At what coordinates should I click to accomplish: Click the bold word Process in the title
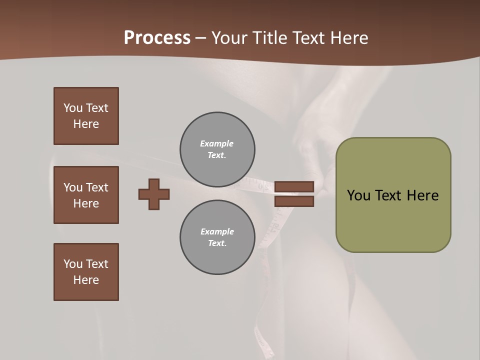pos(157,38)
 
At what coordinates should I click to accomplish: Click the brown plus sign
pos(154,194)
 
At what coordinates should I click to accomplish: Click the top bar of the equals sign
pos(294,186)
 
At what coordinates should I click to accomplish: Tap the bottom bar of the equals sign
pos(294,201)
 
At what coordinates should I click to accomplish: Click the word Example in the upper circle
pos(216,143)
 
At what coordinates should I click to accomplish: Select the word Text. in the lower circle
pos(217,243)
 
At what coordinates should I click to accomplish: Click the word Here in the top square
pos(86,124)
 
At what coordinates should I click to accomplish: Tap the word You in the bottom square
pos(73,264)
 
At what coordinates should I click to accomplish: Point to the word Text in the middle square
pos(97,187)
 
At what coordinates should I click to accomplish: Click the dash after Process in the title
pos(201,38)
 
